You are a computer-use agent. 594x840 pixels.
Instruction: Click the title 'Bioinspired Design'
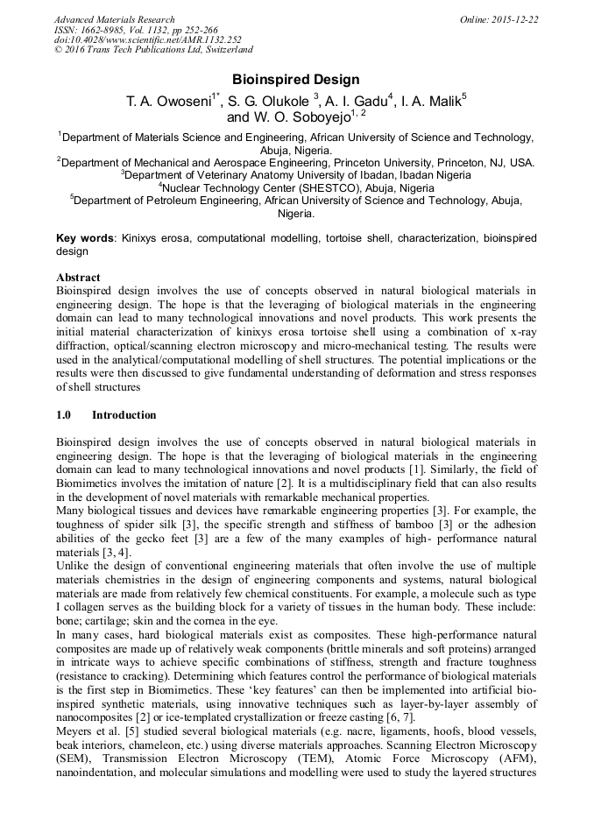point(296,79)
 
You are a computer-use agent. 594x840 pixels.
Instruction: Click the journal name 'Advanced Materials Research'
point(114,19)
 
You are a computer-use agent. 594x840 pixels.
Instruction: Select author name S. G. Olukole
point(262,101)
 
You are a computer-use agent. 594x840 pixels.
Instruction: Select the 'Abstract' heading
point(78,277)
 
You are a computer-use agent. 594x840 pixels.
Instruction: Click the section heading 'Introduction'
point(124,415)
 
